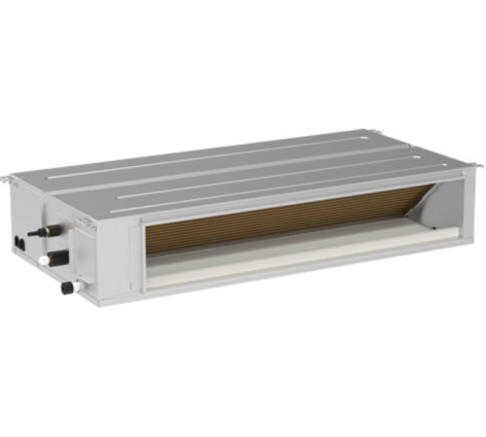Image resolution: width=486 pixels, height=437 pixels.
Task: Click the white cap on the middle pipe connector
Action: pyautogui.click(x=44, y=261)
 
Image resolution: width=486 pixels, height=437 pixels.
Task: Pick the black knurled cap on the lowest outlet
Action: pyautogui.click(x=67, y=287)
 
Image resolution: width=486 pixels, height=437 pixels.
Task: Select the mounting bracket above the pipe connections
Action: pyautogui.click(x=86, y=222)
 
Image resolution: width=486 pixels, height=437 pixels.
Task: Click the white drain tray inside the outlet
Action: pyautogui.click(x=292, y=254)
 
